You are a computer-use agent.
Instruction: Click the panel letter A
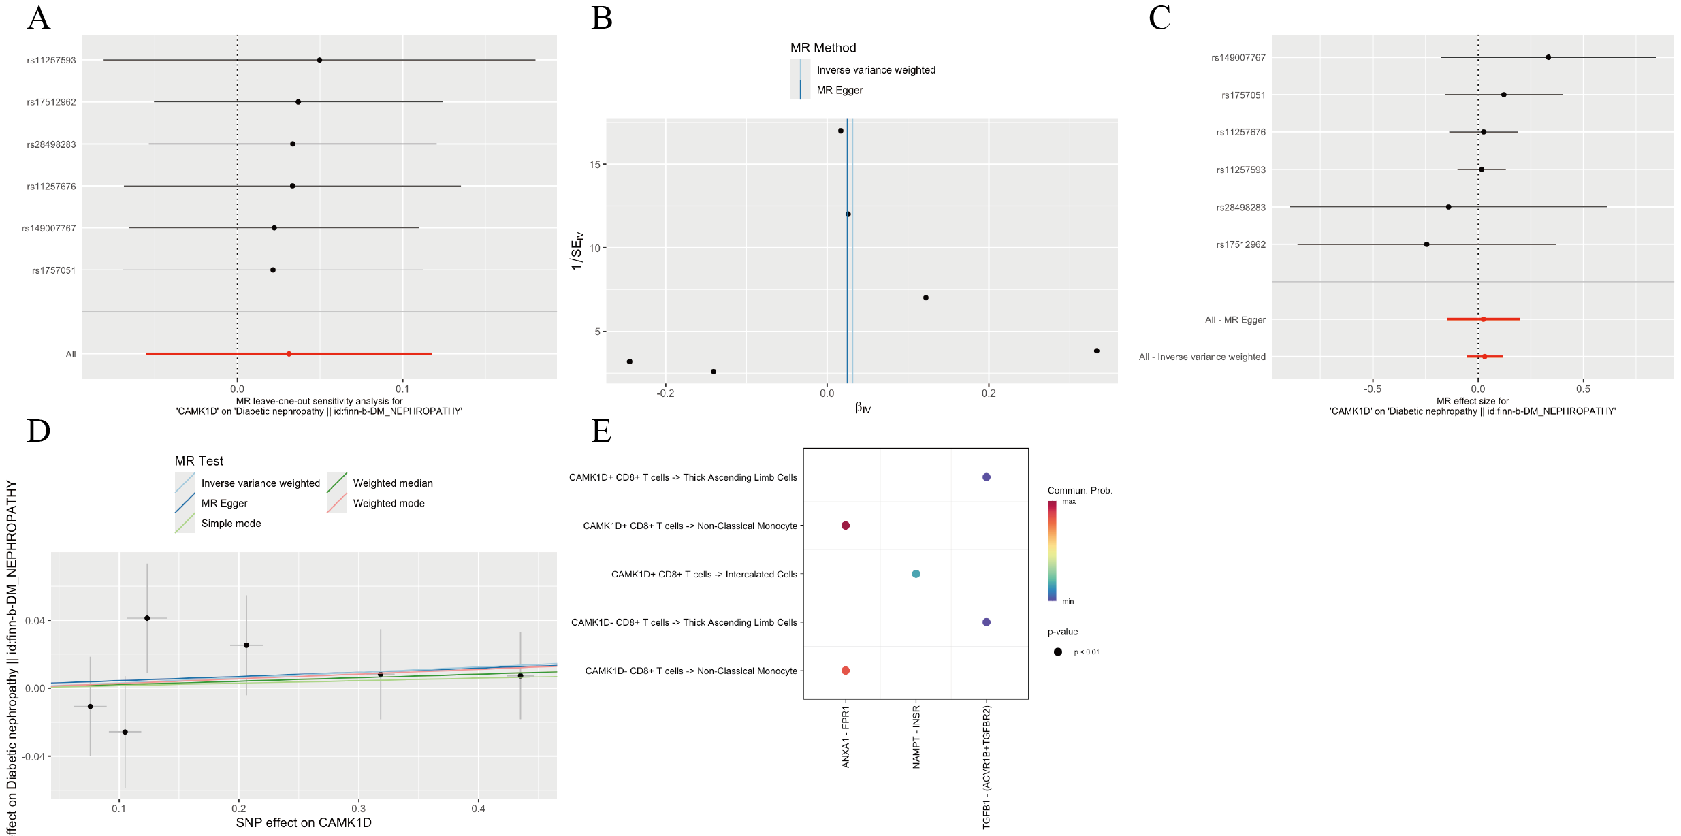[x=39, y=18]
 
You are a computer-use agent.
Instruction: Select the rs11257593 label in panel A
[x=51, y=61]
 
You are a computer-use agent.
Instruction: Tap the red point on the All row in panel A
[x=289, y=354]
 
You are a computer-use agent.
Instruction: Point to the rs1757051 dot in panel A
[x=273, y=270]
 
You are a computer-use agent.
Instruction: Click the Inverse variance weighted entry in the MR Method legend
[x=876, y=70]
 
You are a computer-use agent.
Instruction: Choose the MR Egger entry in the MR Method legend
[x=839, y=91]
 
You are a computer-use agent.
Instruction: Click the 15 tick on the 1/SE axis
[x=595, y=165]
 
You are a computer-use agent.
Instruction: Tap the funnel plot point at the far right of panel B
[x=1096, y=351]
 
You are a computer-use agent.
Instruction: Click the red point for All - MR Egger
[x=1483, y=319]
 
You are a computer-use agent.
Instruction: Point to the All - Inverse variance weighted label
[x=1202, y=357]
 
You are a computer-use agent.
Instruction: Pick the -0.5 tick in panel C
[x=1372, y=389]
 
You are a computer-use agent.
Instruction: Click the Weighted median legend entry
[x=392, y=483]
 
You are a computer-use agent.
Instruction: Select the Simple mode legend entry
[x=231, y=524]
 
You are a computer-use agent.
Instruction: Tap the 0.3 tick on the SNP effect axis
[x=358, y=809]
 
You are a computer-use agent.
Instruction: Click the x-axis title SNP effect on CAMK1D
[x=304, y=823]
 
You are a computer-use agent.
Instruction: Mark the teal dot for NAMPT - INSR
[x=916, y=574]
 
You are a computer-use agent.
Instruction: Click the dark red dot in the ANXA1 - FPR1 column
[x=846, y=526]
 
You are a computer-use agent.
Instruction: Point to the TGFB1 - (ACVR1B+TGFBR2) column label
[x=987, y=767]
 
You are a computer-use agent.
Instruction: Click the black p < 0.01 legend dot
[x=1057, y=652]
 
